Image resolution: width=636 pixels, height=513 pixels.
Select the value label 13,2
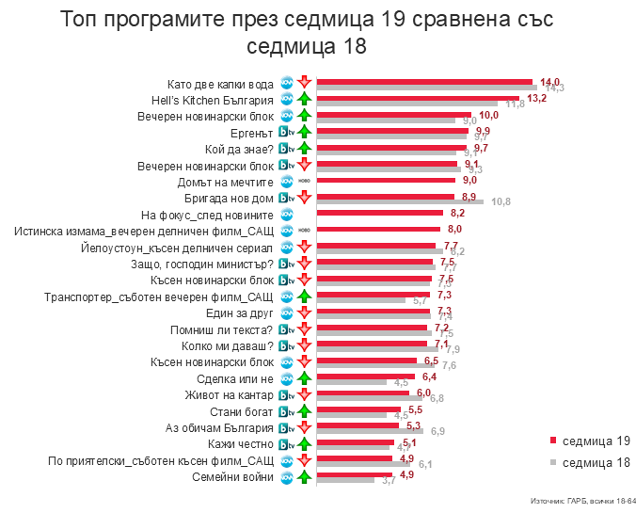[x=536, y=97]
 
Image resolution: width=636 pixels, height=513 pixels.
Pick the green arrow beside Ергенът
[x=304, y=132]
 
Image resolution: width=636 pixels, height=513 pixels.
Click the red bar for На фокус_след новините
[x=381, y=213]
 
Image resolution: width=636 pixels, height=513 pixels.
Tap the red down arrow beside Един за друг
[x=304, y=313]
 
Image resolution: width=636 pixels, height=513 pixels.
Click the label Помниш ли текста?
[x=221, y=329]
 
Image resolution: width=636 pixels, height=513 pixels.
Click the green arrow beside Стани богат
[x=304, y=411]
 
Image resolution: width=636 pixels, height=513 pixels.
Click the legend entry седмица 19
[x=591, y=441]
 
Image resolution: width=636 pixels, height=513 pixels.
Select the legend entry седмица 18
[x=591, y=462]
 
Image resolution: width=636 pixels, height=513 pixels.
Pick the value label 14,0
[x=549, y=81]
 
